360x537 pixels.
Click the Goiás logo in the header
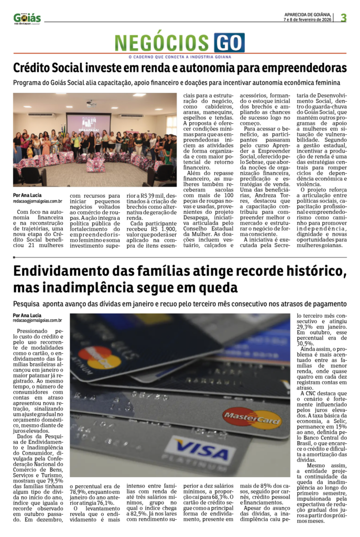point(27,18)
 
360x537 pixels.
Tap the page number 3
point(344,18)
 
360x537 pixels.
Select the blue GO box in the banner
point(229,42)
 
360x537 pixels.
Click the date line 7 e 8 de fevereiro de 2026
point(307,19)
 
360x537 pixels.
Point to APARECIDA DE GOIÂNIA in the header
point(307,14)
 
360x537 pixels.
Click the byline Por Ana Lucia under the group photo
point(28,195)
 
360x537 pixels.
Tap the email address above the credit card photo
point(38,320)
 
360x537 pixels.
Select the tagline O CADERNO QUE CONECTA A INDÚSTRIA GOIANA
point(180,57)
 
